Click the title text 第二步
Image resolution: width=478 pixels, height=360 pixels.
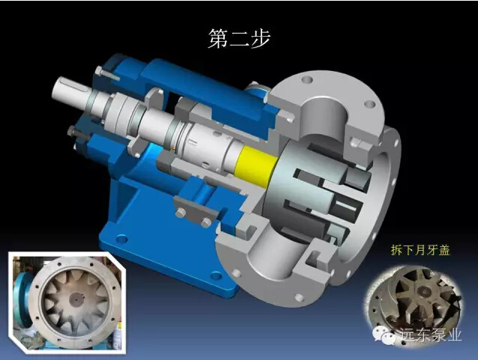tap(239, 39)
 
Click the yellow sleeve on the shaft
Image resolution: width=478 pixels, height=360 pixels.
tap(255, 165)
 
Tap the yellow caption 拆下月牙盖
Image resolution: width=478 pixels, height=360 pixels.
tap(420, 250)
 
